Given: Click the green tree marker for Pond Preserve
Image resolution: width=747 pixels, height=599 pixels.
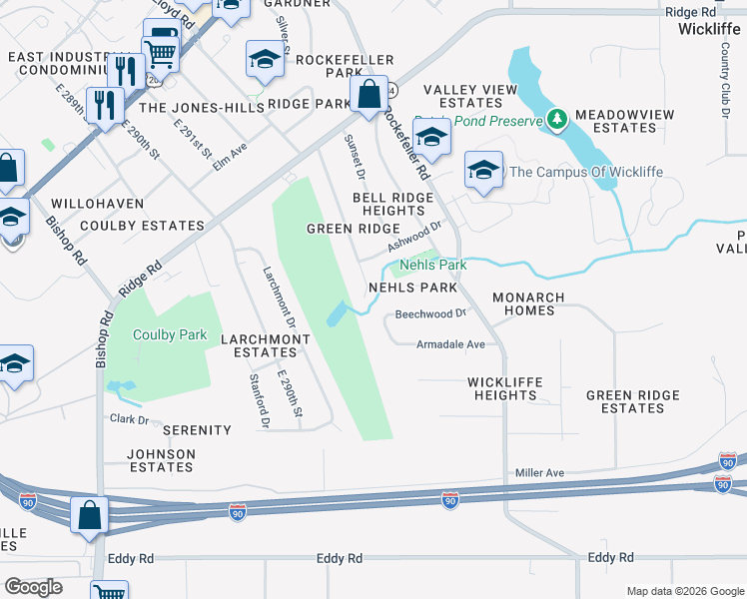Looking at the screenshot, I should click(x=557, y=121).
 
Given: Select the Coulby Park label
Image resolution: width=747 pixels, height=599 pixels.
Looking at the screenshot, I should click(x=169, y=335).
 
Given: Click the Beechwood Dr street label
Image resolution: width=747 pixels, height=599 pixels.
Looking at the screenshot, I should click(x=430, y=313).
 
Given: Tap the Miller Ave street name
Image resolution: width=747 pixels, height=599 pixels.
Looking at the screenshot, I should click(x=539, y=472).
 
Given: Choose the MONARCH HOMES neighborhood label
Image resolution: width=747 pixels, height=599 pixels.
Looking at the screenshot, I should click(x=528, y=304).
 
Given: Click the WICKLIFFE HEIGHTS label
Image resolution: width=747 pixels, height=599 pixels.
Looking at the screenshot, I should click(x=505, y=388).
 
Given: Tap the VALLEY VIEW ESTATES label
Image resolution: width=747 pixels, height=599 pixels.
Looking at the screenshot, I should click(x=469, y=96).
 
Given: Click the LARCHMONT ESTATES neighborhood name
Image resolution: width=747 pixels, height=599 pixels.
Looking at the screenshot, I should click(x=265, y=345).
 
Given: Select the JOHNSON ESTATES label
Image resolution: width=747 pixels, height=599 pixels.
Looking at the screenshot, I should click(x=161, y=460).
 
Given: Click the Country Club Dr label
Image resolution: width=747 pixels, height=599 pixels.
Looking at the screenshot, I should click(x=726, y=91).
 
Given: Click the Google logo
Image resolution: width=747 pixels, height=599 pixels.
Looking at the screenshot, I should click(x=33, y=587).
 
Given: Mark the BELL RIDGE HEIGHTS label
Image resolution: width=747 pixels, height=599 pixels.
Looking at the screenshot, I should click(x=392, y=205).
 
